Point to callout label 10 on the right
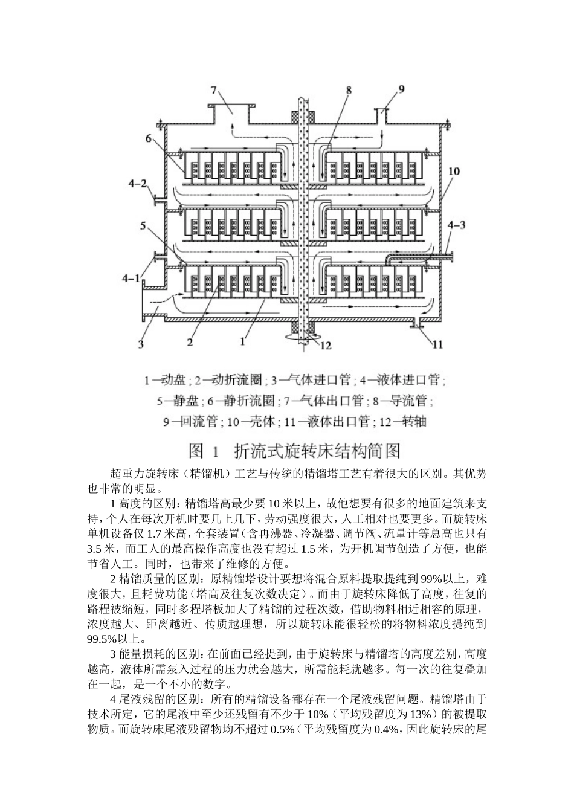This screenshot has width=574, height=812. point(454,172)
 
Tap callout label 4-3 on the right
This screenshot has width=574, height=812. point(456,225)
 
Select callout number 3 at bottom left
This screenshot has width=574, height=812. point(141,344)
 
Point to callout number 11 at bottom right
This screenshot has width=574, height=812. point(437,344)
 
